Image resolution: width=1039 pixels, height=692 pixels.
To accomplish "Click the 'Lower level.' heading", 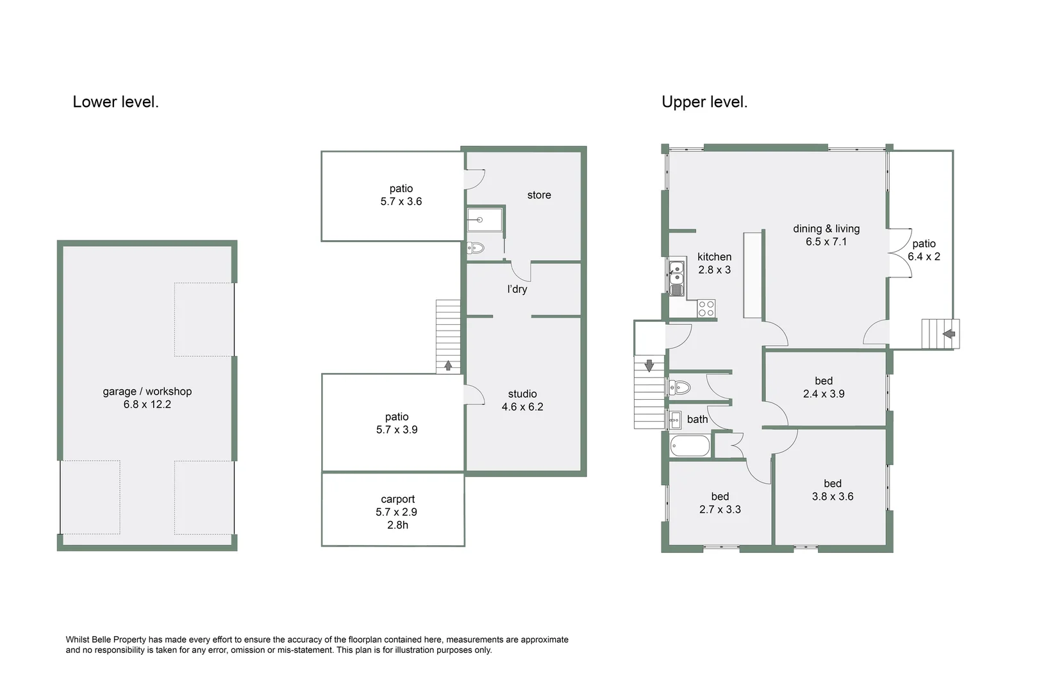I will click(x=115, y=102).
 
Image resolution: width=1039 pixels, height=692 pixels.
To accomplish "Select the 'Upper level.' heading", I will click(x=704, y=102).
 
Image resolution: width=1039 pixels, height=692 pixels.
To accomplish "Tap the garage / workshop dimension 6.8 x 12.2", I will click(x=147, y=404).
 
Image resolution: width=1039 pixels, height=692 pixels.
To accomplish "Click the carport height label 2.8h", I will click(x=397, y=525).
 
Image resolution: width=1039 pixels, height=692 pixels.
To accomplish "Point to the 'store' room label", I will click(x=539, y=195).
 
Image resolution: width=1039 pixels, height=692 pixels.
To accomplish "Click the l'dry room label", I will click(x=517, y=289).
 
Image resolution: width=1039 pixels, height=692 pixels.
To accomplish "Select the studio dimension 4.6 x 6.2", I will click(x=522, y=407).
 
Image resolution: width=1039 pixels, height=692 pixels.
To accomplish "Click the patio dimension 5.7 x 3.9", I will click(x=397, y=430).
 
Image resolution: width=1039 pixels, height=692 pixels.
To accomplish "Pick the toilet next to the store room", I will click(x=476, y=248).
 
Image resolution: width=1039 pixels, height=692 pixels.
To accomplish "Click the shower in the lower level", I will click(x=485, y=220).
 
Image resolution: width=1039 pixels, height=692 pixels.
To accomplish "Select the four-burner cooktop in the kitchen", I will click(x=706, y=308).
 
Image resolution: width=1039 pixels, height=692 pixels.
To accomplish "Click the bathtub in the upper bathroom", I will click(x=690, y=445).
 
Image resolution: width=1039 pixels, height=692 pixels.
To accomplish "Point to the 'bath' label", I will click(x=697, y=420).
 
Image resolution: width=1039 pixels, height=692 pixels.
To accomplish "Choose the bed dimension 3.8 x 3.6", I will click(x=833, y=497).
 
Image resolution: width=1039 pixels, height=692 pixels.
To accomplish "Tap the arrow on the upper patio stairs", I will click(x=949, y=334).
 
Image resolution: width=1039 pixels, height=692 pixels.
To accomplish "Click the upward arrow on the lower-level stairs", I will click(x=448, y=366).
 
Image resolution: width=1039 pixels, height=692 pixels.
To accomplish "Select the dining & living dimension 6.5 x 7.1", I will click(x=826, y=242).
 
